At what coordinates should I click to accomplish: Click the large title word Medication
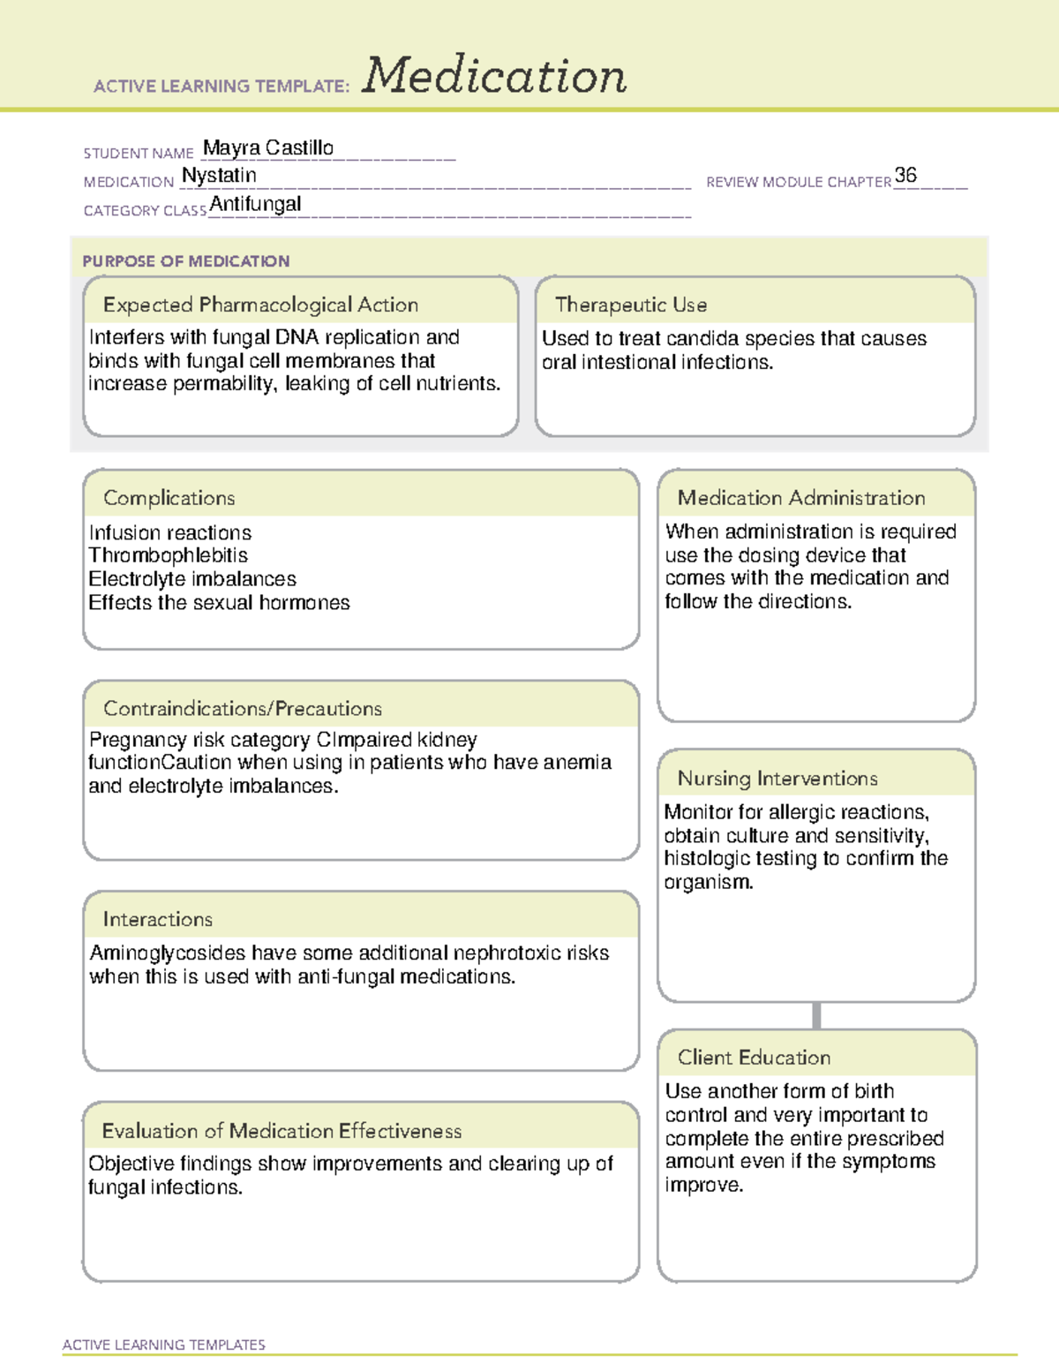[494, 76]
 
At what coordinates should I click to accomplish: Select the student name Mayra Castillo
[268, 148]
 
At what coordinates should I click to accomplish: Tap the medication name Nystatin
[219, 176]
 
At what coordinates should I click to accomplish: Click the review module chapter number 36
[905, 175]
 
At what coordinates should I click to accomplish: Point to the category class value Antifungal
[255, 205]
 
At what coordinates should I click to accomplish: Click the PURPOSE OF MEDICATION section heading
[186, 261]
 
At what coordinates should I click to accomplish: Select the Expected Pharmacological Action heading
[260, 305]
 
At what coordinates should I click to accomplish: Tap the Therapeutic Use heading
[631, 305]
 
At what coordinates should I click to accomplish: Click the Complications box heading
[169, 498]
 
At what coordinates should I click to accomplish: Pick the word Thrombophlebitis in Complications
[168, 555]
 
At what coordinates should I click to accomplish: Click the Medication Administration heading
[801, 498]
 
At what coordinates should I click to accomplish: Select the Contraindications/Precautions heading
[243, 709]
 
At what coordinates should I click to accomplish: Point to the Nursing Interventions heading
[777, 779]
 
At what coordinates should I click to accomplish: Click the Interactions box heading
[158, 920]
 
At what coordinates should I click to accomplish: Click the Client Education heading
[755, 1058]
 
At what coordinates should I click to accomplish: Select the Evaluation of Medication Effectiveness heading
[282, 1131]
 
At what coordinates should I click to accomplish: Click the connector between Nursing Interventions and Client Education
[816, 1015]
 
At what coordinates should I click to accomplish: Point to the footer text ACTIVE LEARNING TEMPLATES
[164, 1345]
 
